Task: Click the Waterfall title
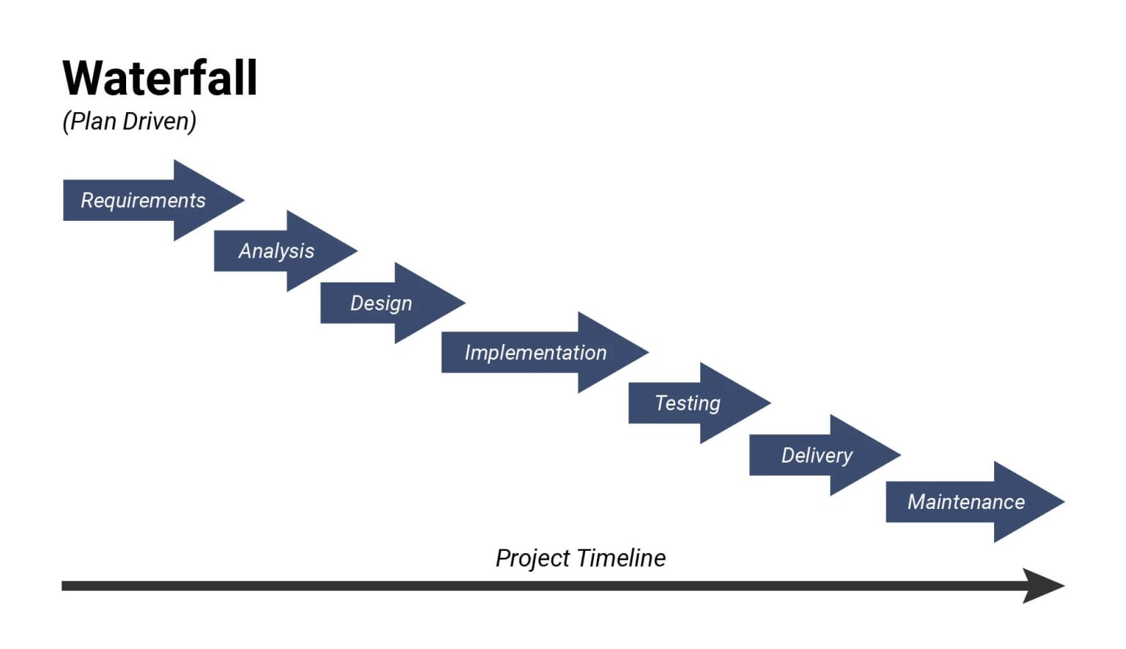coord(160,78)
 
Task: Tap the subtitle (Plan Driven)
coord(129,121)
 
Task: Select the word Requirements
coord(143,200)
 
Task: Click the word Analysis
coord(276,251)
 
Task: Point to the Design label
coord(381,303)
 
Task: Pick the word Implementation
coord(536,353)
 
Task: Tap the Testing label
coord(688,403)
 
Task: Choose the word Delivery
coord(817,455)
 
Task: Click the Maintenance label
coord(966,502)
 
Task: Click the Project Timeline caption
coord(581,558)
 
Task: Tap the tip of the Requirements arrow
coord(241,199)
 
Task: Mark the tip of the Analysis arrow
coord(355,251)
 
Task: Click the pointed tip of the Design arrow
coord(463,302)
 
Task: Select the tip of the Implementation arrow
coord(646,352)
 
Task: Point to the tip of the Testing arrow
coord(768,403)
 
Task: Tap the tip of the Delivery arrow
coord(898,455)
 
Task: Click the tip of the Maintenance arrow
coord(1062,502)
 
